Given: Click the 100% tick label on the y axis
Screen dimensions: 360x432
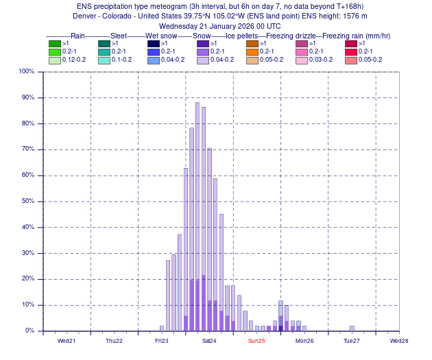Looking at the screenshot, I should pyautogui.click(x=26, y=71).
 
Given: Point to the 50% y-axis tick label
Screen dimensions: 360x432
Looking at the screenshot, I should pyautogui.click(x=27, y=201).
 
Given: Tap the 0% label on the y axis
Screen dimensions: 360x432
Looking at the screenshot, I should pyautogui.click(x=29, y=331).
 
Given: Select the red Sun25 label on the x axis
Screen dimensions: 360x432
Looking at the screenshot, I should pyautogui.click(x=256, y=341).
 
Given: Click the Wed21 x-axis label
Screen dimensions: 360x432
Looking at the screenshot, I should pyautogui.click(x=67, y=341).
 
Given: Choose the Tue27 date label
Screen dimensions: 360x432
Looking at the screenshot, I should pyautogui.click(x=352, y=341).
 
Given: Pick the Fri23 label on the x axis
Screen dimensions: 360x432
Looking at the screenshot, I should pyautogui.click(x=162, y=341).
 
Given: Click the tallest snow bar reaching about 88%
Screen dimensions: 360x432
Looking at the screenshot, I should pyautogui.click(x=197, y=206).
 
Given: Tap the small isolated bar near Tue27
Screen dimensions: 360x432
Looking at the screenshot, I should pyautogui.click(x=352, y=328).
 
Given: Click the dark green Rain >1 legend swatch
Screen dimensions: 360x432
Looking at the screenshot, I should pyautogui.click(x=54, y=43).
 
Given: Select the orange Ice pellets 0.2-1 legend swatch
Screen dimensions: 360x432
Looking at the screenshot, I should pyautogui.click(x=252, y=51).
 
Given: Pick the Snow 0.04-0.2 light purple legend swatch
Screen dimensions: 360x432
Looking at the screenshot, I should pyautogui.click(x=202, y=60).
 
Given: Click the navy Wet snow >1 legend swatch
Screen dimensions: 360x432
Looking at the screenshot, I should pyautogui.click(x=153, y=43).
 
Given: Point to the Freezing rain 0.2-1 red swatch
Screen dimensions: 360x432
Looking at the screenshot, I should pyautogui.click(x=350, y=51).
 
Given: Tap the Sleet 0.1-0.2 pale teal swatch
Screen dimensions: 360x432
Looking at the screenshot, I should pyautogui.click(x=104, y=60).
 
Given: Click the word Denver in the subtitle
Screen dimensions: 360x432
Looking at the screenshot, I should pyautogui.click(x=85, y=16).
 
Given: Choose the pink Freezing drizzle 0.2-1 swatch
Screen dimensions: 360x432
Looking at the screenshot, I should pyautogui.click(x=301, y=51).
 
